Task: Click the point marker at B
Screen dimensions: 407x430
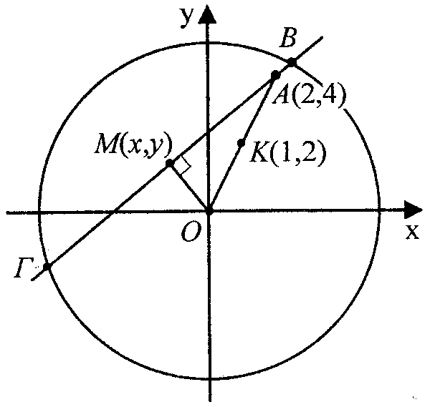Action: point(292,62)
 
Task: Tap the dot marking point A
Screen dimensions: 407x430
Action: point(275,74)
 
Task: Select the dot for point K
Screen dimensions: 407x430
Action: point(242,142)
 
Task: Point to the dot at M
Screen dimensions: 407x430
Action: point(170,164)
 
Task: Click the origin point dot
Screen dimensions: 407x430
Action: point(209,211)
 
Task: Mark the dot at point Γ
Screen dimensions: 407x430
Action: point(47,267)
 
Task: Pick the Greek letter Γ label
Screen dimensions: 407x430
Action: point(21,268)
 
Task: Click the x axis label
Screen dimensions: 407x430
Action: point(412,232)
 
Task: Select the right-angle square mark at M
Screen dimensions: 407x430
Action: point(183,167)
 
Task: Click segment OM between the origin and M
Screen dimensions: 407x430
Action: point(190,187)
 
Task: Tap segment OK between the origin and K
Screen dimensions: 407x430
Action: point(226,177)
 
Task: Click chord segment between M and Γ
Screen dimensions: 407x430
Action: point(107,216)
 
